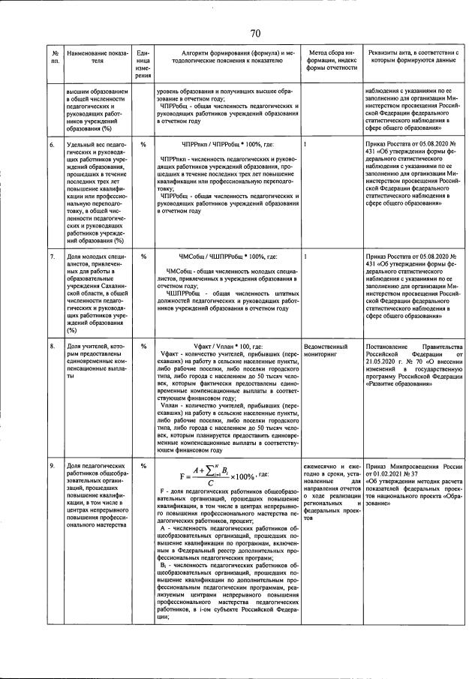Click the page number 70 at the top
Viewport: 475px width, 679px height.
[254, 32]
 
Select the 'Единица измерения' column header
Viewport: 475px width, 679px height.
[143, 64]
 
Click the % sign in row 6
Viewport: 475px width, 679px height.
[143, 143]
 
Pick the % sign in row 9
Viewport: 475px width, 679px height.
[143, 466]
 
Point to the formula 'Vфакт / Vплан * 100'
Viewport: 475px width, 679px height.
[225, 347]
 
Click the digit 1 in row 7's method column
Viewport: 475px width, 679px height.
[306, 257]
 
